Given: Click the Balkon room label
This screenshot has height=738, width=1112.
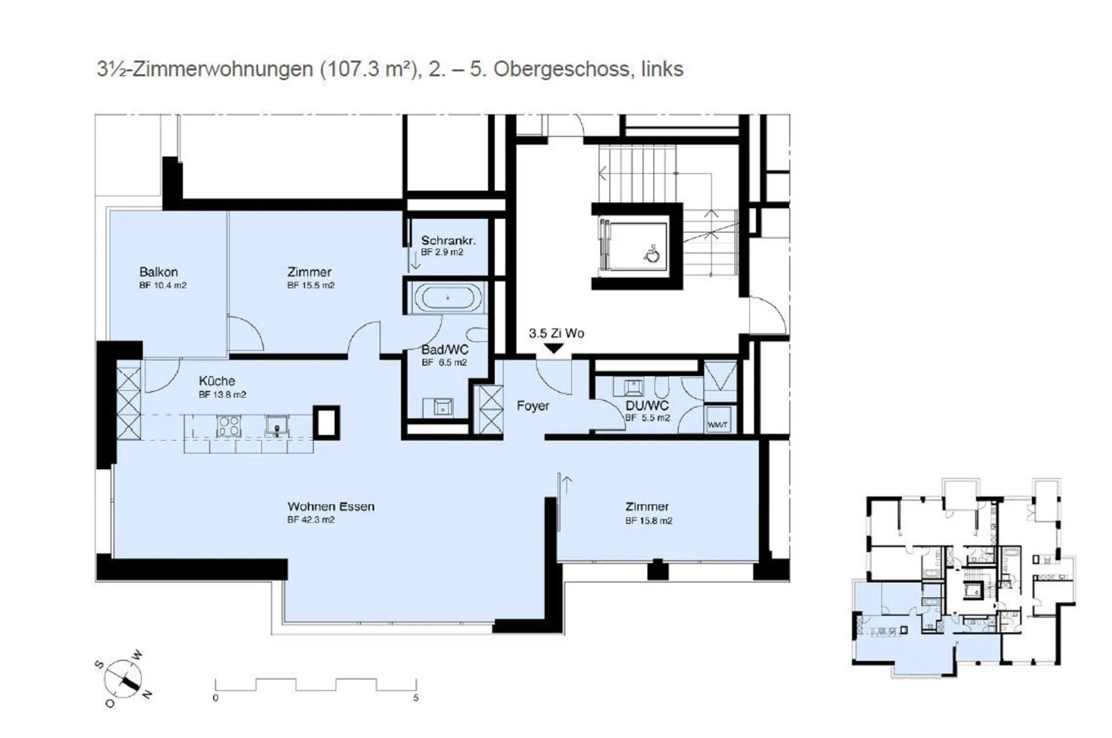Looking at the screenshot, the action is pyautogui.click(x=158, y=272).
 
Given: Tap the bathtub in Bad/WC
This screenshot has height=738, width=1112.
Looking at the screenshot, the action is pyautogui.click(x=448, y=298).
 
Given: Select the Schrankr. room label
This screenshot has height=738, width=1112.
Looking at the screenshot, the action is pyautogui.click(x=448, y=240).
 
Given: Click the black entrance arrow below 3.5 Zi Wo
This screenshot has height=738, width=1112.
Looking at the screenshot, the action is pyautogui.click(x=553, y=348).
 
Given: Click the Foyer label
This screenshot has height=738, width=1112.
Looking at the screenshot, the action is pyautogui.click(x=532, y=406).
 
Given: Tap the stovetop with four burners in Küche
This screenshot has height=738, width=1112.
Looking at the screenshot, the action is pyautogui.click(x=229, y=426).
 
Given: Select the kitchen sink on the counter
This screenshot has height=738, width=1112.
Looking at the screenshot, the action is pyautogui.click(x=277, y=426).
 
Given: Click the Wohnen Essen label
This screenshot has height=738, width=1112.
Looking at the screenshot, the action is pyautogui.click(x=331, y=507).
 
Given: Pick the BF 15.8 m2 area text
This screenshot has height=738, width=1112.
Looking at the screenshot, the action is pyautogui.click(x=649, y=520).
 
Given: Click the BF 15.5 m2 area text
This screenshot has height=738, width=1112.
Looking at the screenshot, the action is pyautogui.click(x=311, y=286).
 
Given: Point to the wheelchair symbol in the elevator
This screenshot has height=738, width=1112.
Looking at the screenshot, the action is pyautogui.click(x=652, y=254).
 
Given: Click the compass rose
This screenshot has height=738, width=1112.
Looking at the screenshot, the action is pyautogui.click(x=123, y=678).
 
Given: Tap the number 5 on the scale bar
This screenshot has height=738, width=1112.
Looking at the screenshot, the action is pyautogui.click(x=416, y=698).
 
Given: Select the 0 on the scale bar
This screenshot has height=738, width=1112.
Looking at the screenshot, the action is pyautogui.click(x=215, y=698).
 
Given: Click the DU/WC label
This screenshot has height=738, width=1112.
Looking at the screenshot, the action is pyautogui.click(x=647, y=405).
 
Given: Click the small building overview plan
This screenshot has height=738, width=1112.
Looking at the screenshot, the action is pyautogui.click(x=963, y=577).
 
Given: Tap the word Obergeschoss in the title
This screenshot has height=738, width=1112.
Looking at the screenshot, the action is pyautogui.click(x=561, y=69).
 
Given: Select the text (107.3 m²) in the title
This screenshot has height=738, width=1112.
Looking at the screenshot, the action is pyautogui.click(x=369, y=69).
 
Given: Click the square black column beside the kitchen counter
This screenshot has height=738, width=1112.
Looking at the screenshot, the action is pyautogui.click(x=326, y=423).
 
